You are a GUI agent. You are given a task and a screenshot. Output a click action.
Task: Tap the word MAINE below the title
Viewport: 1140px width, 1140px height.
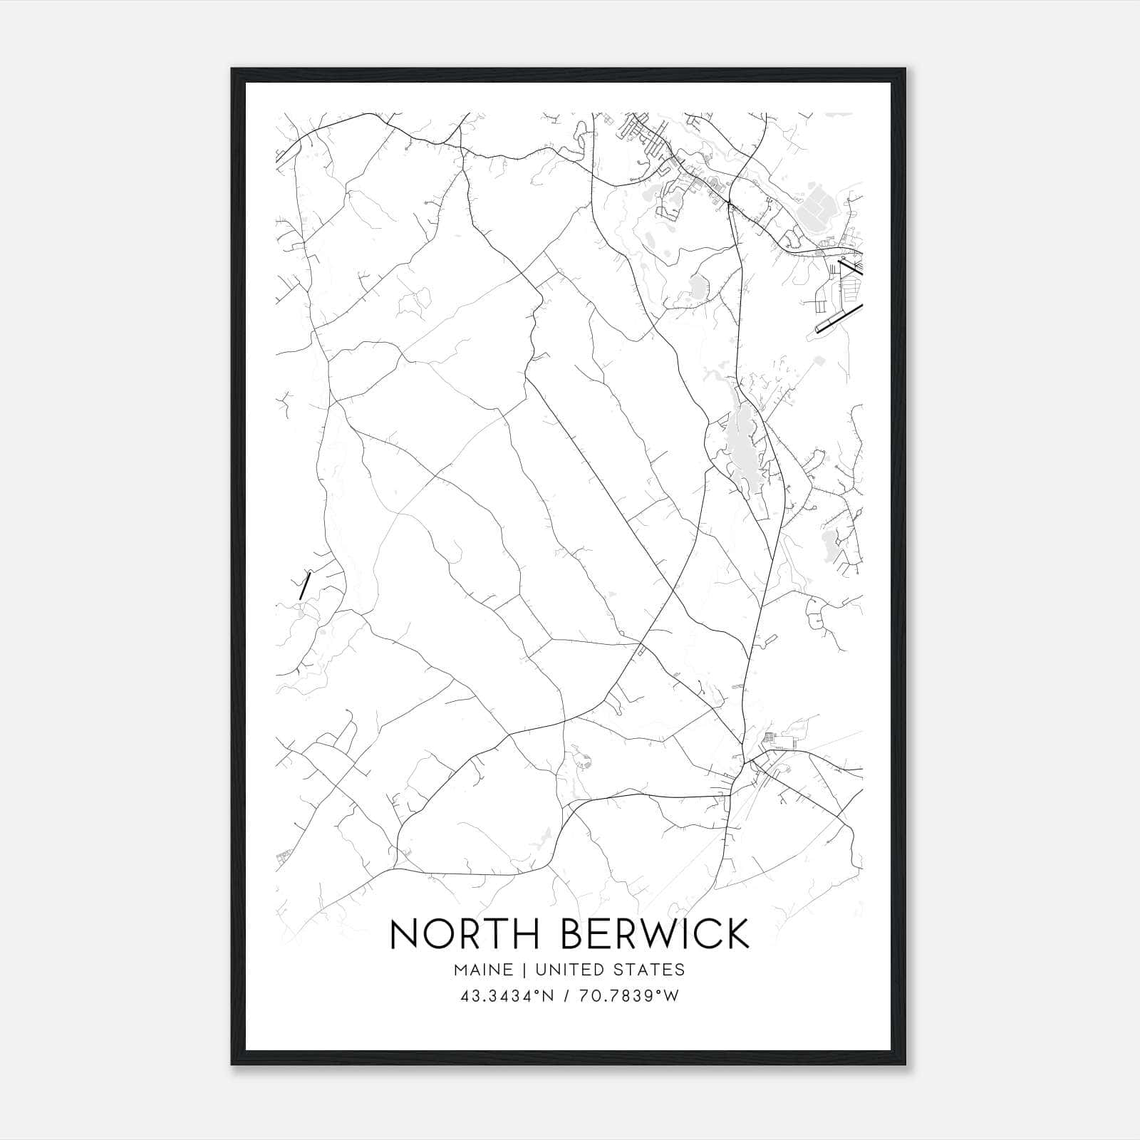[x=482, y=970]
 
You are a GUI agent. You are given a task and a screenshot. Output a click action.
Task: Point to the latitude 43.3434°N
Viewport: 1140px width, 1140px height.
[x=507, y=996]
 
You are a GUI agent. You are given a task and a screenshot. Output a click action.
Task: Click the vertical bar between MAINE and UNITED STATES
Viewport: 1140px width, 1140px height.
[x=523, y=970]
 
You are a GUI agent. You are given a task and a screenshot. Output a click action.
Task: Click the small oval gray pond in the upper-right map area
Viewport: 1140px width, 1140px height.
[x=697, y=287]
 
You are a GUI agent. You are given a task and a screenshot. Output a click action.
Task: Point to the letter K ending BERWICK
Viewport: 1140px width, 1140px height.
[x=737, y=933]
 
